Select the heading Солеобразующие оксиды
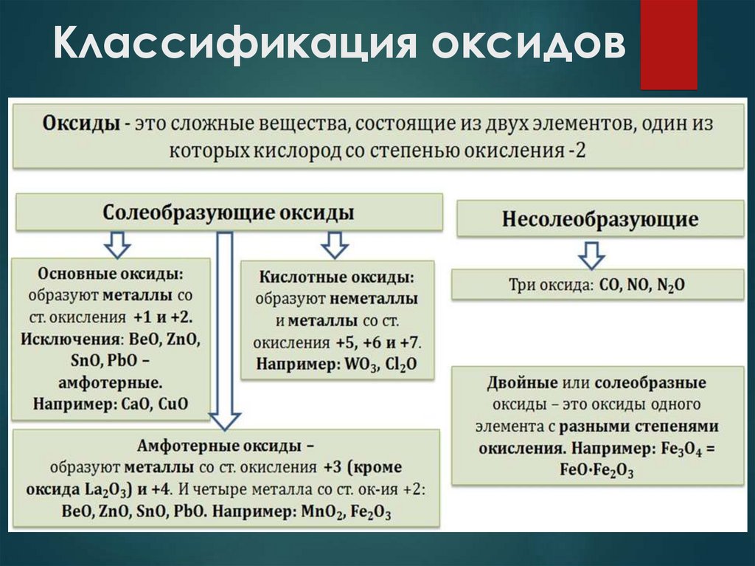[229, 213]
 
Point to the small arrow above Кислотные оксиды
[335, 244]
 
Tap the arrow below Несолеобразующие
[591, 254]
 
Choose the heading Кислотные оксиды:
[336, 278]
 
